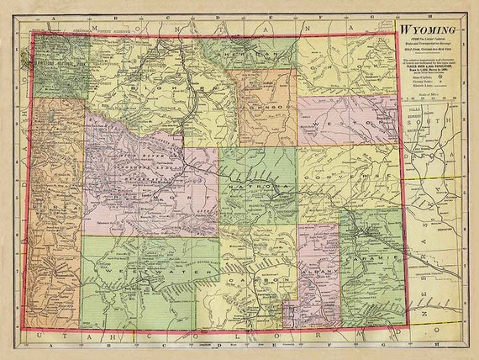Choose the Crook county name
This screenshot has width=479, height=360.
345,63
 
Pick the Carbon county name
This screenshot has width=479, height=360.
252,277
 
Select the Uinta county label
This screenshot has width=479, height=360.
55,210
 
